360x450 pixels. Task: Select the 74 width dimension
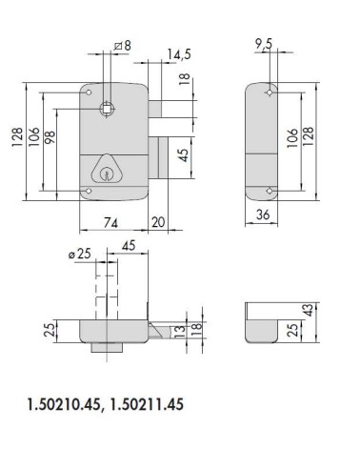click(110, 223)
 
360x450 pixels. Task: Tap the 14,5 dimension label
click(172, 56)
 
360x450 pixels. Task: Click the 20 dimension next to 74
click(158, 223)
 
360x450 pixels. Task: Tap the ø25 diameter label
click(80, 254)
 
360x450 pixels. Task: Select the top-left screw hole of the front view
click(89, 96)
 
